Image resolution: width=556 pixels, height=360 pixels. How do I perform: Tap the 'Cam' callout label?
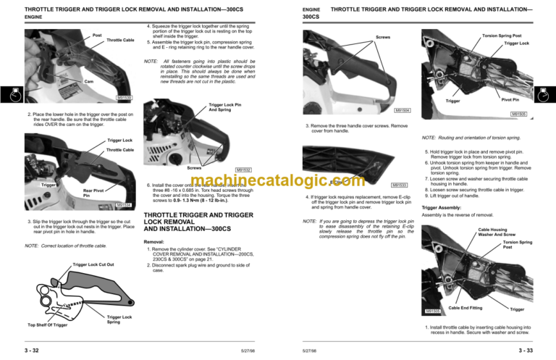89,80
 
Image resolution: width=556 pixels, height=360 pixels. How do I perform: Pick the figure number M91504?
402,110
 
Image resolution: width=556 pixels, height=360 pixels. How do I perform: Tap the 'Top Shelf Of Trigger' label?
47,325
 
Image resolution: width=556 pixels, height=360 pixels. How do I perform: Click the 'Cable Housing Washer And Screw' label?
496,232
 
